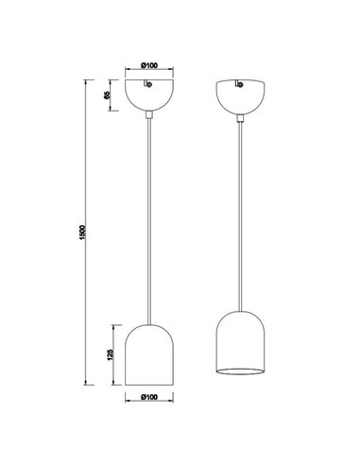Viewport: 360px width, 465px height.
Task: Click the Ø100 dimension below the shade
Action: click(x=149, y=398)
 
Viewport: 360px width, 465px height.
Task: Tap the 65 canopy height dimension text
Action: click(x=109, y=95)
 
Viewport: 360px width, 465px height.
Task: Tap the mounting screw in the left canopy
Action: click(x=148, y=87)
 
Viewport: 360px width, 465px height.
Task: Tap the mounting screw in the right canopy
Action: click(x=240, y=87)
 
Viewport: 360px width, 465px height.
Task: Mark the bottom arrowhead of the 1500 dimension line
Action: click(x=91, y=384)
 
